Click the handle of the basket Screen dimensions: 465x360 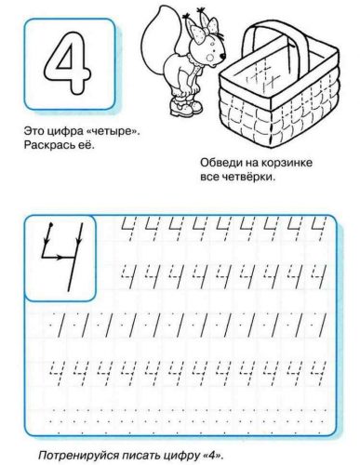click(278, 42)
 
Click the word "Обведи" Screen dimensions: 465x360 click(220, 164)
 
